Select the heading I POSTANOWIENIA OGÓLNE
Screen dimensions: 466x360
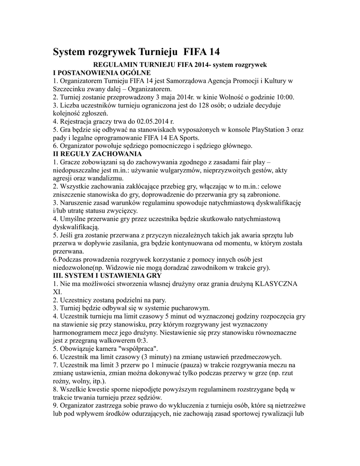pyautogui.click(x=102, y=73)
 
